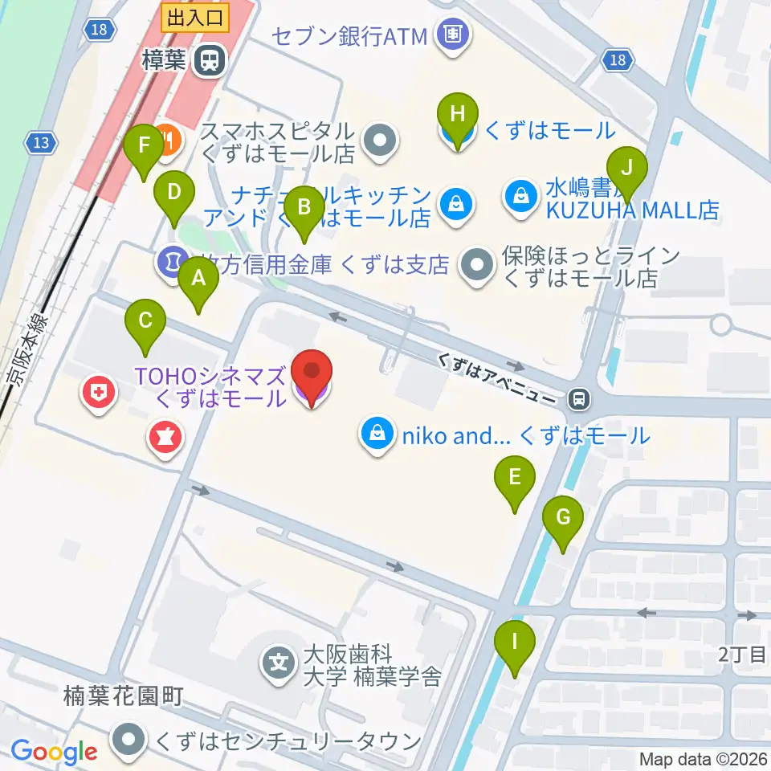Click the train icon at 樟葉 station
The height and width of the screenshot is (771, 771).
point(210,61)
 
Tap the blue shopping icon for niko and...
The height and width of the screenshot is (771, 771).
point(376,435)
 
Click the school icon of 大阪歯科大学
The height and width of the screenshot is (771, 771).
point(279,663)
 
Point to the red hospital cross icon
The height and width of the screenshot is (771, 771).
point(98,394)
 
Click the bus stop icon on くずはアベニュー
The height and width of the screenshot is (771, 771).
point(577,397)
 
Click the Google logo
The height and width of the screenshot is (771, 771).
point(54,753)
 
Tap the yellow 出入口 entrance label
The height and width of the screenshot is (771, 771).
point(195,16)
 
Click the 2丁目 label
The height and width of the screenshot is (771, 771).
point(743,655)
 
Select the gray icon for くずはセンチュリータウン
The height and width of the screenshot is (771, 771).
point(128,740)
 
